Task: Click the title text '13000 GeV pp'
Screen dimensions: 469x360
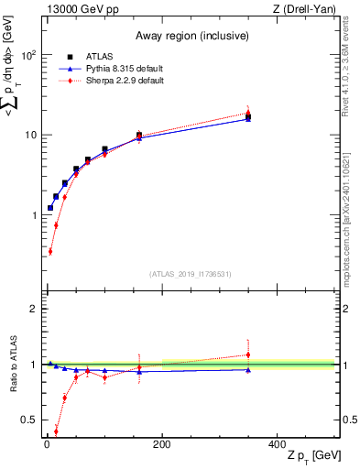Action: [77, 9]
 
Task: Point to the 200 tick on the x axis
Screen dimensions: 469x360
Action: [161, 444]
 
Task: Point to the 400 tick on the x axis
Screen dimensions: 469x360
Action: [277, 444]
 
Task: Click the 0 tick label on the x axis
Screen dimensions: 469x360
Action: [46, 444]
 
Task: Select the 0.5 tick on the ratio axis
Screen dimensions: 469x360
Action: [29, 420]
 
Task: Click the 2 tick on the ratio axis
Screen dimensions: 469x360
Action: [33, 309]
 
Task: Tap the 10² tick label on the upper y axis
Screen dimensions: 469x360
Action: [28, 55]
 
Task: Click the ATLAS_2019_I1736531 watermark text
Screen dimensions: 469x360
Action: [189, 273]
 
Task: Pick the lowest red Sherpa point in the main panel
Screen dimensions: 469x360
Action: [49, 251]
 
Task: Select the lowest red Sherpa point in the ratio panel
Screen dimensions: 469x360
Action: [56, 431]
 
